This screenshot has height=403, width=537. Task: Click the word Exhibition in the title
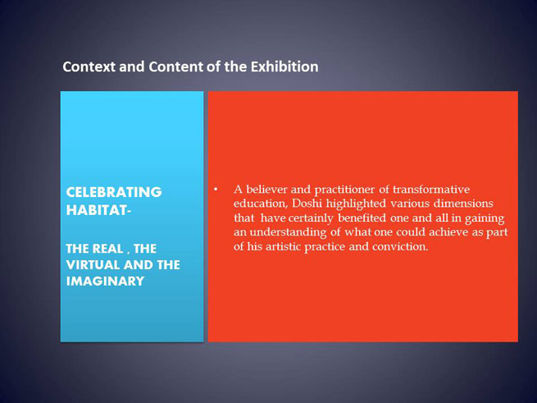pyautogui.click(x=284, y=66)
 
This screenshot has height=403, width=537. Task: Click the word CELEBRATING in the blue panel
pyautogui.click(x=114, y=192)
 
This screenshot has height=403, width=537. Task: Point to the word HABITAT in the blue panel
pyautogui.click(x=97, y=210)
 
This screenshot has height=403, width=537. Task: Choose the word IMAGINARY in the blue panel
pyautogui.click(x=105, y=282)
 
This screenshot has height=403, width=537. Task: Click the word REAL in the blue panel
pyautogui.click(x=108, y=249)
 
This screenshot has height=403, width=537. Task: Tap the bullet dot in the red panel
pyautogui.click(x=216, y=190)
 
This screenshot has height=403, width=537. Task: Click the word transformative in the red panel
pyautogui.click(x=431, y=190)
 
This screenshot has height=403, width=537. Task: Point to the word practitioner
pyautogui.click(x=344, y=190)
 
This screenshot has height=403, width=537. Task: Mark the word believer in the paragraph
pyautogui.click(x=266, y=190)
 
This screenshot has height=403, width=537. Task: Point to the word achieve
pyautogui.click(x=448, y=232)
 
